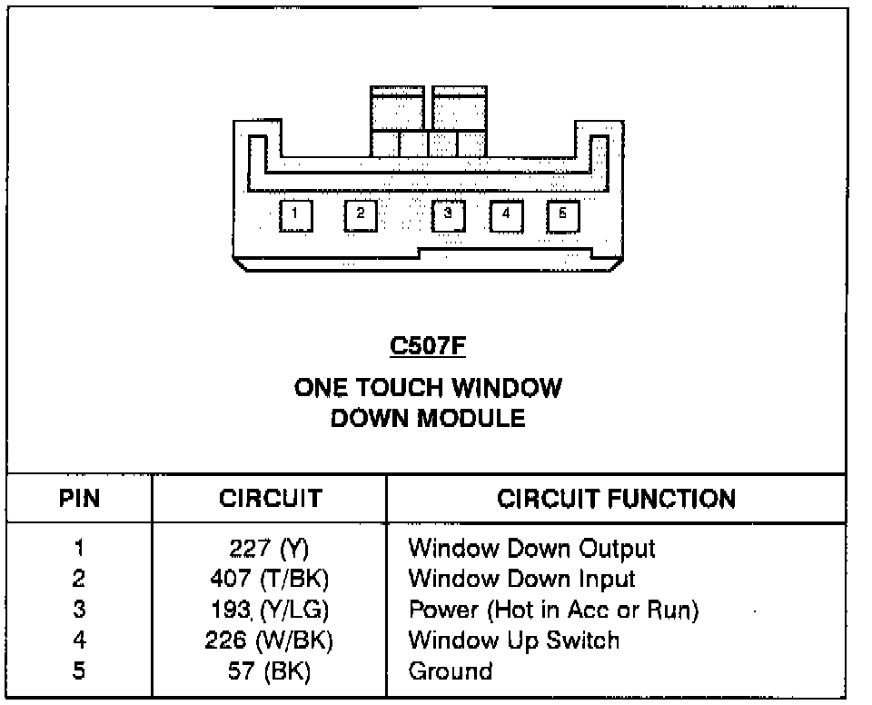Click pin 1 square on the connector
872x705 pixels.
[x=295, y=215]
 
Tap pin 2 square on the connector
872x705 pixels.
[x=360, y=214]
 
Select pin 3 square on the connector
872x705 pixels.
[x=447, y=214]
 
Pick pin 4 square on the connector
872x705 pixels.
[x=506, y=214]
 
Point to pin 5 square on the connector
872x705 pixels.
[x=563, y=214]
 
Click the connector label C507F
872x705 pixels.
[x=427, y=346]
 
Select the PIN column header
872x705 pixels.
[x=79, y=499]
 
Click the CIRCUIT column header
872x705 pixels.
[x=270, y=499]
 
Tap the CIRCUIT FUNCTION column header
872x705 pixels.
[x=617, y=499]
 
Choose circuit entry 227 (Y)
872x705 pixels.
[x=270, y=549]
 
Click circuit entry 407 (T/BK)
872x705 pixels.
[x=270, y=579]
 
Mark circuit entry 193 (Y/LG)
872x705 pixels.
[x=270, y=610]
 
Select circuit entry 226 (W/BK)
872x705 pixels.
[x=270, y=640]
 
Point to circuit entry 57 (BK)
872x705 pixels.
[x=270, y=671]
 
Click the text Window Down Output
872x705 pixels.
[x=531, y=549]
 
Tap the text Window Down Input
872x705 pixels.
[x=521, y=579]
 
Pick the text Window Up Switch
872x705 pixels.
[x=513, y=640]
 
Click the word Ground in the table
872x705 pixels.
[x=451, y=671]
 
